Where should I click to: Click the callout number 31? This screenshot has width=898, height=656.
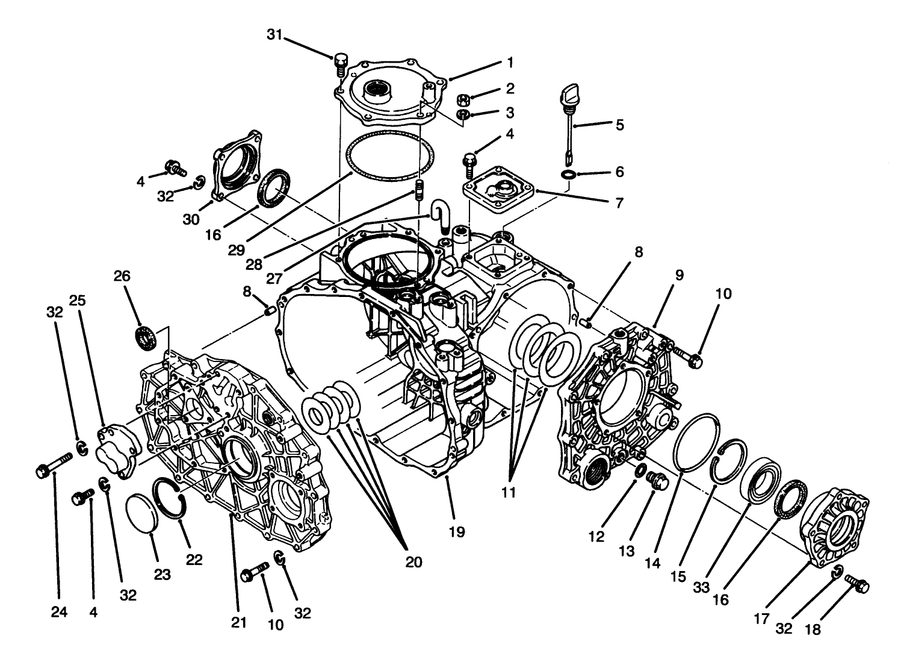tap(274, 36)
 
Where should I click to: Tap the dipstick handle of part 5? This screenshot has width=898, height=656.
tap(569, 94)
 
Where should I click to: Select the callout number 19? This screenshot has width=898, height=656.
tap(456, 532)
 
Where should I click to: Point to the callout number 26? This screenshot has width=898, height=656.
tap(122, 276)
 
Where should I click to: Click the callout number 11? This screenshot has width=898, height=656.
tap(509, 492)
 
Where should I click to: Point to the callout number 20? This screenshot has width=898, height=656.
tap(413, 562)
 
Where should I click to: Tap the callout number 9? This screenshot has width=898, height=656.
tap(679, 276)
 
